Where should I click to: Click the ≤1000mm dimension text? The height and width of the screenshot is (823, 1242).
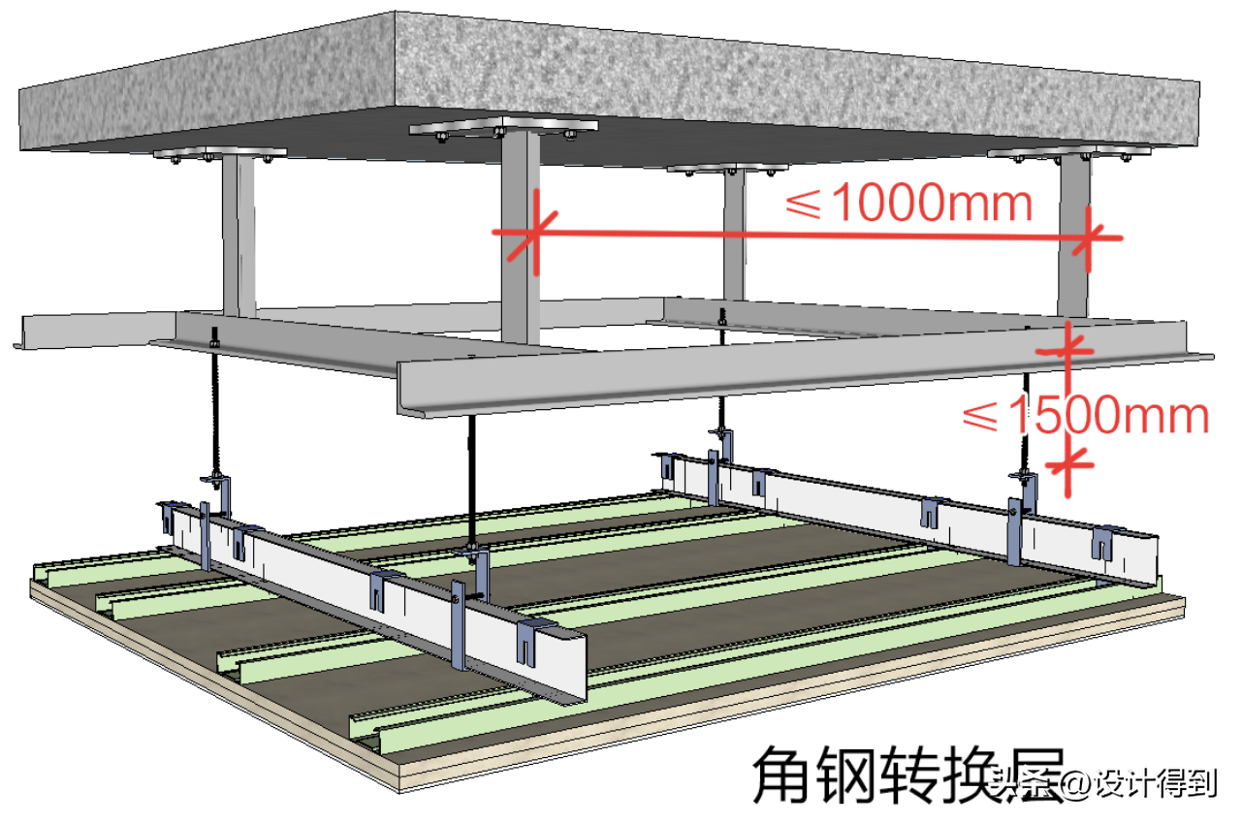coord(908,203)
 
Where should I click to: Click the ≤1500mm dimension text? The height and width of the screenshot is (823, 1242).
coord(1084,416)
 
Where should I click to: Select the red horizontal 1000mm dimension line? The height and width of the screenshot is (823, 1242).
coord(805,235)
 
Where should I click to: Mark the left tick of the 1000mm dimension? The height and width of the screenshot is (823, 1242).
coord(531,234)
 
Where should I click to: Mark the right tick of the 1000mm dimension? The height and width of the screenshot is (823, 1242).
coord(1092,237)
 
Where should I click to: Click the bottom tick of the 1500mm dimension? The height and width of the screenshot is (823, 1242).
coord(1068,464)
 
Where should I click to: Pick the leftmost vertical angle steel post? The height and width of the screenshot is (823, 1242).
coord(239,233)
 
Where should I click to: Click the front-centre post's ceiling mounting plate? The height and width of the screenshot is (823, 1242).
coord(502,127)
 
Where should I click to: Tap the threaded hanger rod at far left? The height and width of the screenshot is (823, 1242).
coord(213,407)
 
